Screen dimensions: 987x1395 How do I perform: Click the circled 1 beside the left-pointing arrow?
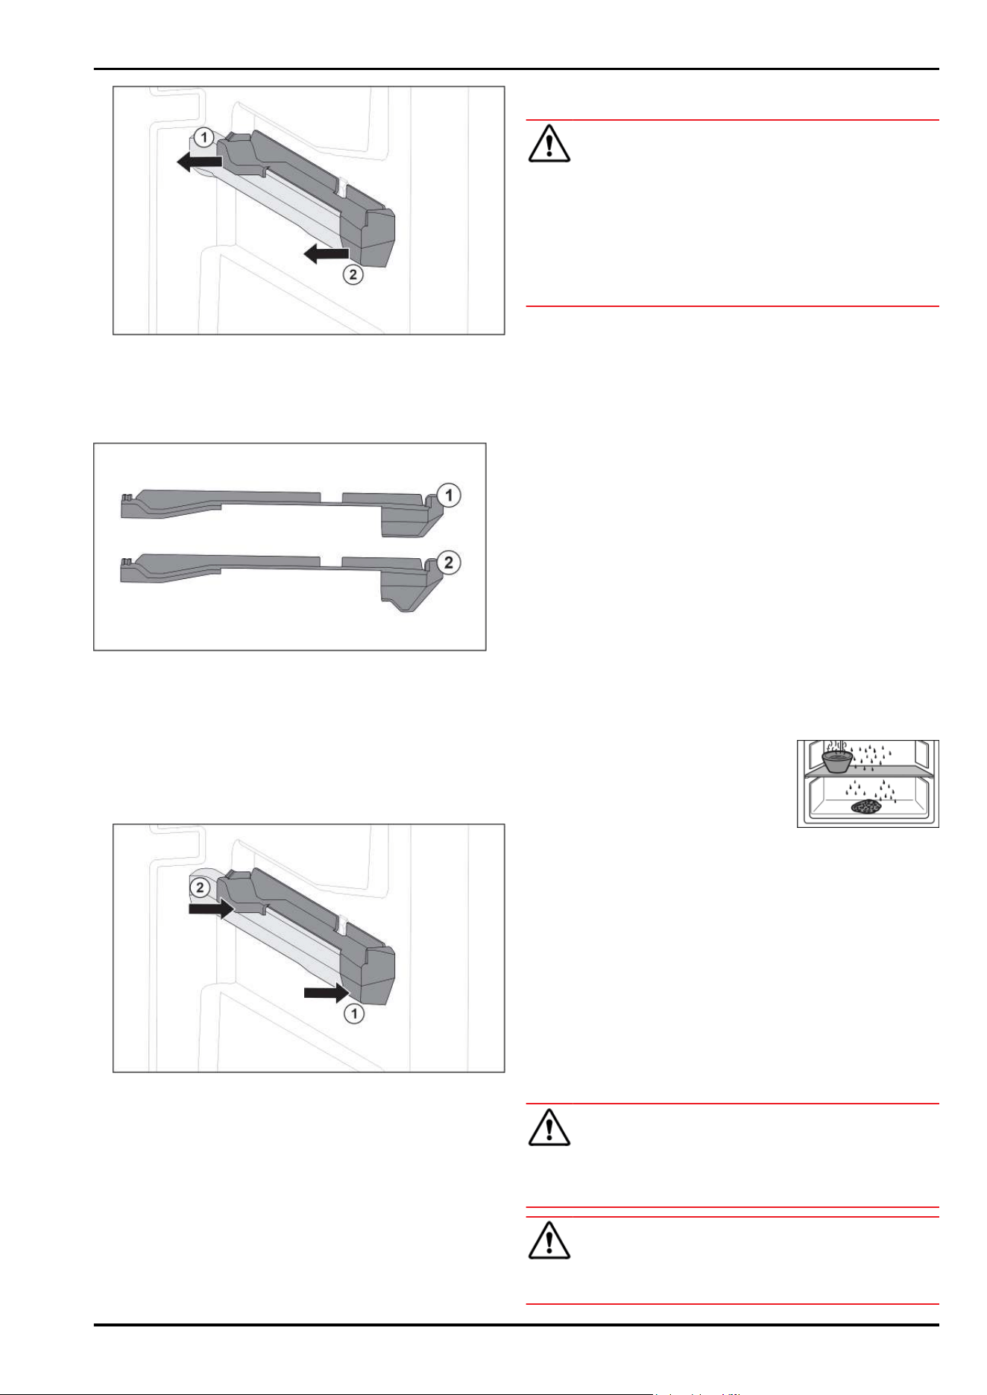(x=204, y=137)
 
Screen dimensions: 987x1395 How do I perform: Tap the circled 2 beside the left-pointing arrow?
(x=353, y=274)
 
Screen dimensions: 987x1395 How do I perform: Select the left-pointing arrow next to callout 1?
(x=199, y=161)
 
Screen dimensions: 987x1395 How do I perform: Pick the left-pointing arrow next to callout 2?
(x=326, y=254)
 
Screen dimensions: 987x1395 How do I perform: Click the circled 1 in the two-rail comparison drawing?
(x=449, y=495)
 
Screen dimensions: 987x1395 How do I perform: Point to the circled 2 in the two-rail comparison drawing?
(x=449, y=562)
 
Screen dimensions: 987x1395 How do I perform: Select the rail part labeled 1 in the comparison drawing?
(x=280, y=512)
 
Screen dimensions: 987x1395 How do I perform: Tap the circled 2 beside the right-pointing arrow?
(x=200, y=888)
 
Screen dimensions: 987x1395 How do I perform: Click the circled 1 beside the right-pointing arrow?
(x=354, y=1013)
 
